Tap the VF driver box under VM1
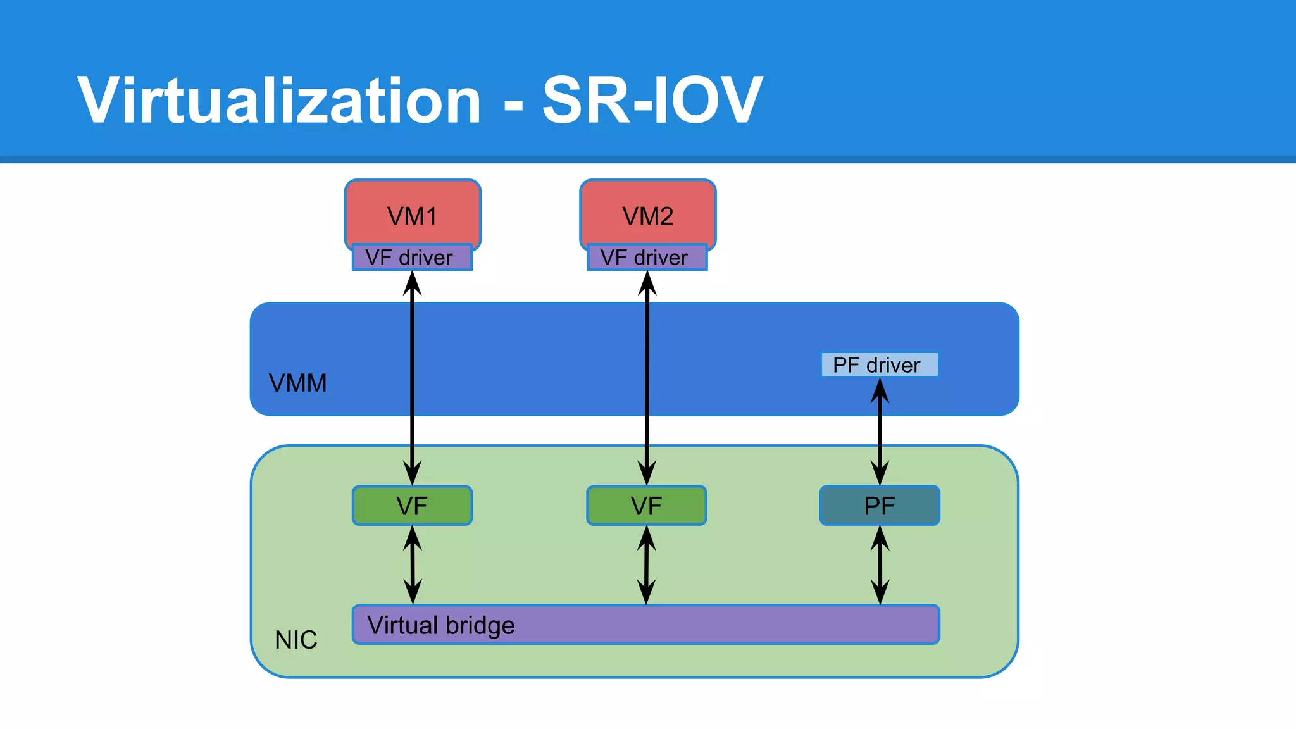click(x=412, y=258)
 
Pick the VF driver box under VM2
click(x=647, y=258)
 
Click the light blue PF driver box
click(x=879, y=365)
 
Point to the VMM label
click(x=297, y=383)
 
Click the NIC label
click(x=296, y=640)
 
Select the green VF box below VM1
click(x=412, y=506)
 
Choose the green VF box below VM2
click(x=646, y=506)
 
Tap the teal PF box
click(x=880, y=506)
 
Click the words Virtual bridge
click(x=441, y=625)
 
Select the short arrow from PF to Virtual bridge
click(x=880, y=565)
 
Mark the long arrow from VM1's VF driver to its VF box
click(x=413, y=380)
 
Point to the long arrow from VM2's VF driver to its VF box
click(x=647, y=380)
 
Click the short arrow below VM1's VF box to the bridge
click(x=413, y=565)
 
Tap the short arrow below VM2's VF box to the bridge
click(x=646, y=565)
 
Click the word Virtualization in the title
click(x=279, y=101)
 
